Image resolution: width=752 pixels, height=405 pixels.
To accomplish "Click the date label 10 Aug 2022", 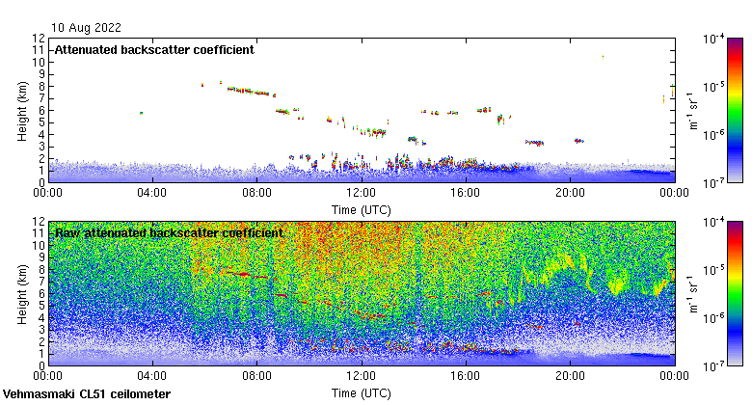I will point(84,27).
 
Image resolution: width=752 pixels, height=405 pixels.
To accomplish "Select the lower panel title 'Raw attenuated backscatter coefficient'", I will point(169,232).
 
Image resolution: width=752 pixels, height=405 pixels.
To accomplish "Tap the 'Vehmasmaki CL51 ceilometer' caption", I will point(87,394).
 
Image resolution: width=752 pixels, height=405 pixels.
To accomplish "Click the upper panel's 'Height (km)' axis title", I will point(22,110).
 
